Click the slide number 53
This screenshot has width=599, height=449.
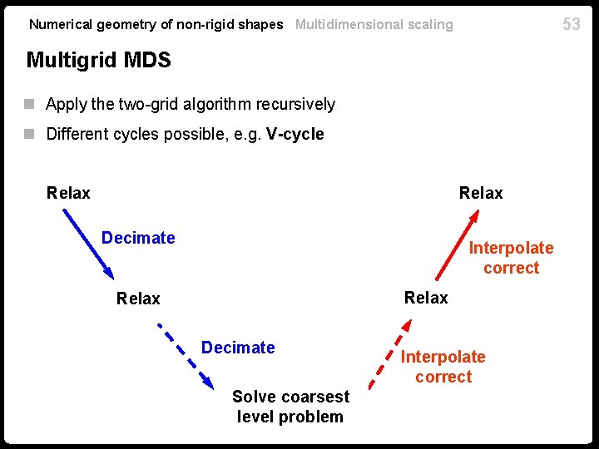tap(572, 23)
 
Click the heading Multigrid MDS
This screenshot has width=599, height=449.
tap(98, 60)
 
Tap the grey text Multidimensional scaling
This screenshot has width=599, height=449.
tap(374, 24)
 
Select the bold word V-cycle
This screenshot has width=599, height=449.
tap(295, 134)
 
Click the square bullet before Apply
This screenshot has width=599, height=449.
tap(31, 104)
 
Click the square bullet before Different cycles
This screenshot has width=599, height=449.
tap(31, 134)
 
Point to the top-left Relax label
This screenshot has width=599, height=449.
tap(68, 193)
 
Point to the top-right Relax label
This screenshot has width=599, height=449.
tap(481, 193)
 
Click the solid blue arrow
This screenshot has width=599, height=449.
tap(88, 242)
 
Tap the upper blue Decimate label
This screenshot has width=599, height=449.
tap(138, 238)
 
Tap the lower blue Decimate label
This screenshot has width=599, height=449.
tap(238, 347)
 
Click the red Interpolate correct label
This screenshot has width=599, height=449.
tap(511, 258)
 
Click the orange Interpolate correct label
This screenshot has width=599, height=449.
tap(443, 367)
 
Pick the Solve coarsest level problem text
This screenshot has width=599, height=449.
tap(290, 407)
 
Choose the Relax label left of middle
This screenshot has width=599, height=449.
tap(138, 298)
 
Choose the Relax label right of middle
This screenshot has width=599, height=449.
tap(426, 297)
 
